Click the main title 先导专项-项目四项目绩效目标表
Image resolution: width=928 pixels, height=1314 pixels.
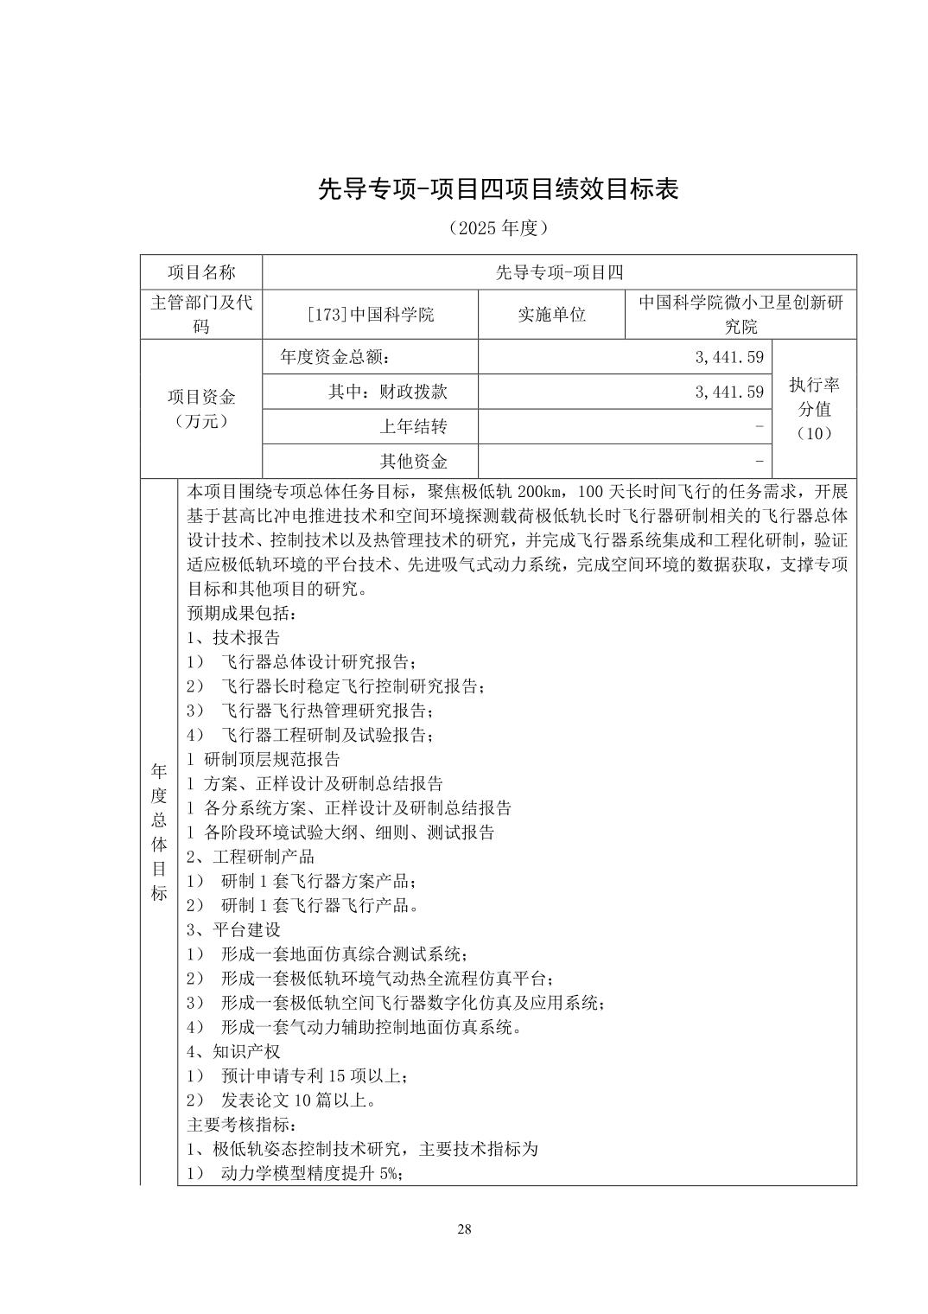(498, 188)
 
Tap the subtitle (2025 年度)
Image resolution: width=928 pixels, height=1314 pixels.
(499, 228)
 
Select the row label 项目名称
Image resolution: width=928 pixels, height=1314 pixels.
(201, 272)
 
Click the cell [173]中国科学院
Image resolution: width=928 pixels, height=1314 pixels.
(370, 314)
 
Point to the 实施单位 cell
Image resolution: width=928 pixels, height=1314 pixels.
(551, 314)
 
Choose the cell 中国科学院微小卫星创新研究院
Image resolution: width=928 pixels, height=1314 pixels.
(740, 314)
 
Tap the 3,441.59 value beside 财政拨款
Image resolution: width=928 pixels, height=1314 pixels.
(729, 392)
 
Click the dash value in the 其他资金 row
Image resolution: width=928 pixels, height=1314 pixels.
(759, 460)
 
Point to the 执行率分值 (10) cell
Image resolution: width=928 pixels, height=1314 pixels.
(813, 408)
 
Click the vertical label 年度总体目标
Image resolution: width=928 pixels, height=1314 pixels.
(159, 832)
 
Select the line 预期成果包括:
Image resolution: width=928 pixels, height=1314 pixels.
(243, 614)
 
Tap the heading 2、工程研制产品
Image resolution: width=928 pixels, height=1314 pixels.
(251, 857)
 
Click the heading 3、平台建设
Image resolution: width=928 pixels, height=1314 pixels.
(233, 930)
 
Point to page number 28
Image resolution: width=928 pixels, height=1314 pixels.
(464, 1230)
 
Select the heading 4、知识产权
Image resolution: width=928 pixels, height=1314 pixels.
(233, 1052)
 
